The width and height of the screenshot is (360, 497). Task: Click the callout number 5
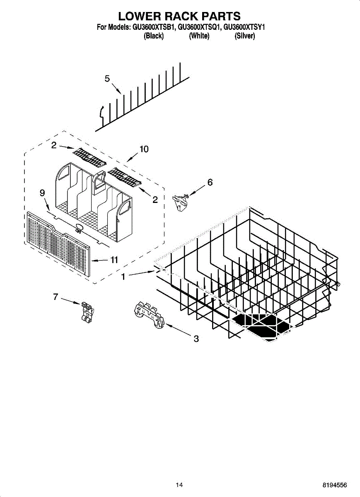point(107,79)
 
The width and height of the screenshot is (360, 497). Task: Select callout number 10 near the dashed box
point(144,149)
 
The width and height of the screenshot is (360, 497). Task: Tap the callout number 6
point(210,182)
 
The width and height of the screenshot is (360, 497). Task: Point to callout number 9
point(42,193)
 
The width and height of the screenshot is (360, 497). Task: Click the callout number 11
point(114,260)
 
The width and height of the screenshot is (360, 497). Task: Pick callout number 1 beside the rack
point(123,277)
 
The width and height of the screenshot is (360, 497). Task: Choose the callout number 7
point(56,297)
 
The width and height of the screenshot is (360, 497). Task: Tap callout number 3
point(196,339)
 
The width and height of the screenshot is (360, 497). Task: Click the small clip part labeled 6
point(181,201)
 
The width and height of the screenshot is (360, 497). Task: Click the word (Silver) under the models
point(245,36)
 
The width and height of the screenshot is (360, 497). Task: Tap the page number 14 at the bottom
point(179,485)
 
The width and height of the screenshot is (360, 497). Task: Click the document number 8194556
point(335,485)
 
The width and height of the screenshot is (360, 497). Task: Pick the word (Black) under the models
point(154,36)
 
